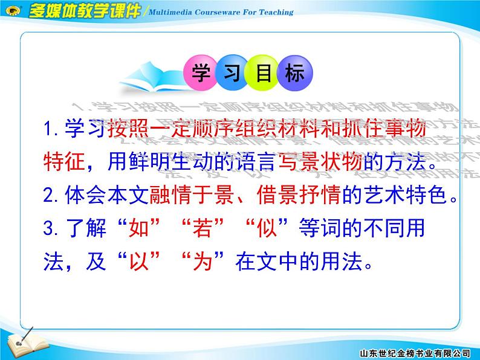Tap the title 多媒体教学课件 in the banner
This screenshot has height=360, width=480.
[x=83, y=11]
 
